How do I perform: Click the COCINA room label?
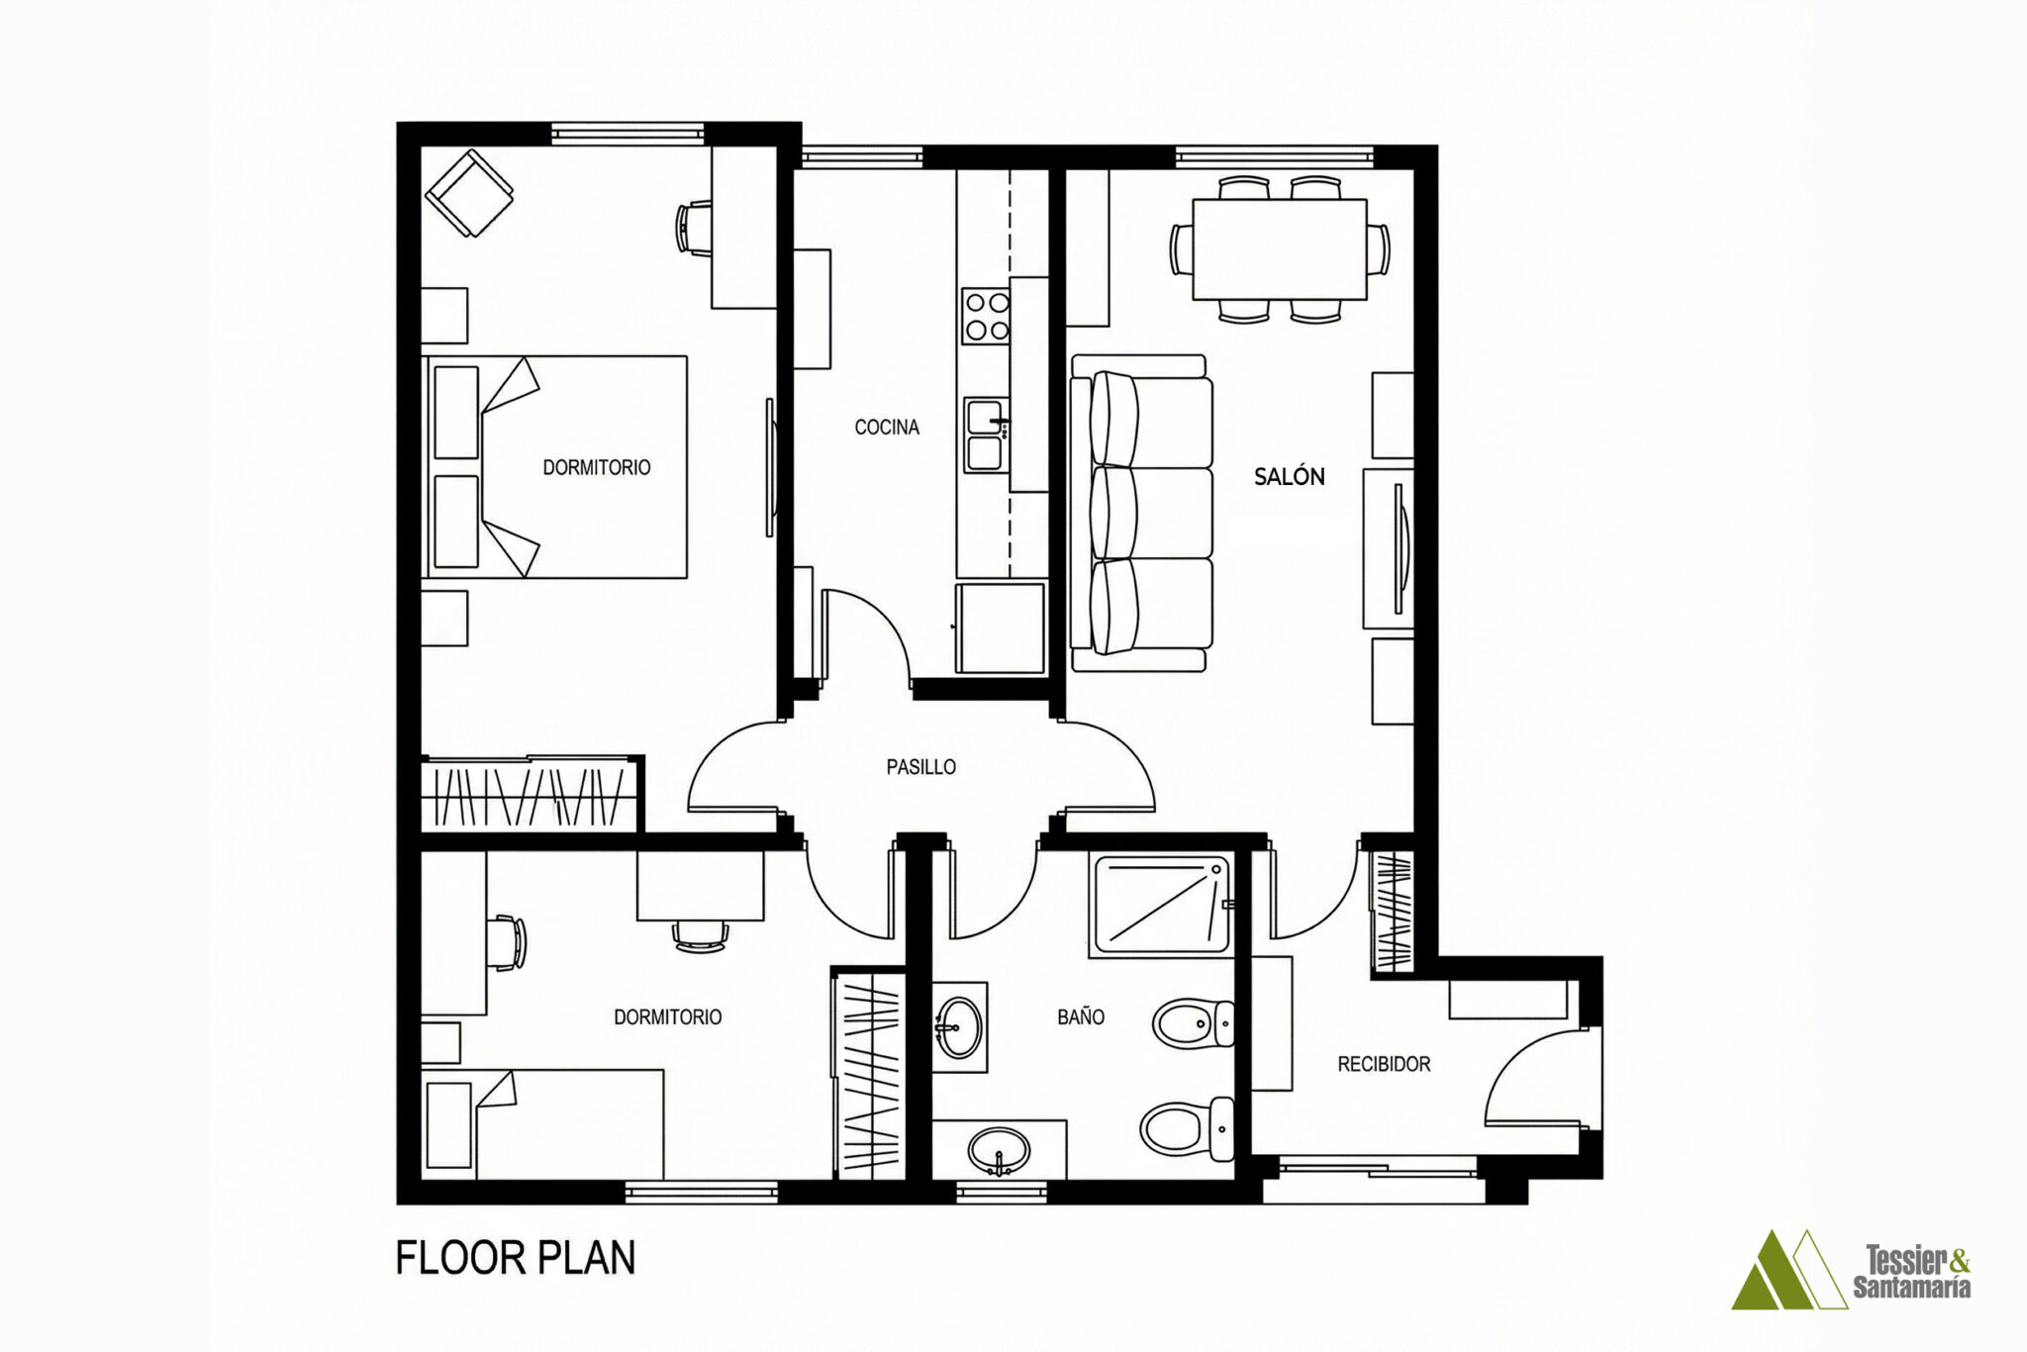[x=887, y=428]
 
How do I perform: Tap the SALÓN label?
[x=1289, y=476]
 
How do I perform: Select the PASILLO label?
[x=920, y=767]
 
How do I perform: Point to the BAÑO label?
[x=1080, y=1016]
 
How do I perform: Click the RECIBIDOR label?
[x=1384, y=1064]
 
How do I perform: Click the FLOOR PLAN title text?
[x=515, y=1258]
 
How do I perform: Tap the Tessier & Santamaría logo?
[x=1851, y=1270]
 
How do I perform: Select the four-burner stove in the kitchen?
[x=986, y=316]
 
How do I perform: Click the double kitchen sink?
[x=988, y=435]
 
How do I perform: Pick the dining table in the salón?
[x=1280, y=248]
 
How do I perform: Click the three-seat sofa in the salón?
[x=1141, y=514]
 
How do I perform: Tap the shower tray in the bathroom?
[x=1160, y=905]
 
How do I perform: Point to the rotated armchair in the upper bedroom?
[x=469, y=193]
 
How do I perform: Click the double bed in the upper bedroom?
[x=554, y=466]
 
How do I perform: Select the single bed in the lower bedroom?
[x=542, y=1124]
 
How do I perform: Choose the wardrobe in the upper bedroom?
[x=531, y=795]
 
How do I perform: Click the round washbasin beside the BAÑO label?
[x=959, y=1027]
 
